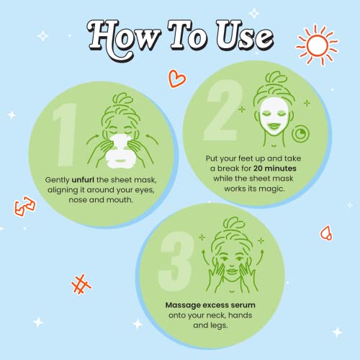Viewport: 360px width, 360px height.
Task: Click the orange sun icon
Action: (318, 45)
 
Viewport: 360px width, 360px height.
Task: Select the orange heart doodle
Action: (177, 78)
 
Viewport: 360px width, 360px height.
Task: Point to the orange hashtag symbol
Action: (81, 284)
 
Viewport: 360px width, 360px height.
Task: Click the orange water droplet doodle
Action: (327, 233)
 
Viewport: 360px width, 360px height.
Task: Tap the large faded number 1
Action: (65, 135)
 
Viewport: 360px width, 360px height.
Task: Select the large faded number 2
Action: (222, 110)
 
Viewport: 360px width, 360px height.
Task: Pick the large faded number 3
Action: (176, 262)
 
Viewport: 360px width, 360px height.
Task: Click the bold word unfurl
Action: (83, 180)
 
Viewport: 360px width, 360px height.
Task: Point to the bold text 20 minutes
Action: (275, 168)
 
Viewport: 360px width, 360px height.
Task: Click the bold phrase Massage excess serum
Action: (210, 305)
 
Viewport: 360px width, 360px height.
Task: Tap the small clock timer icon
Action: (301, 134)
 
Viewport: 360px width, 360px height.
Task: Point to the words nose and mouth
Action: (101, 199)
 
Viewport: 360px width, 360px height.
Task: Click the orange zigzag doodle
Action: (24, 207)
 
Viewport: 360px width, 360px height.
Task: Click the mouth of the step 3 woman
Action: (232, 271)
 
